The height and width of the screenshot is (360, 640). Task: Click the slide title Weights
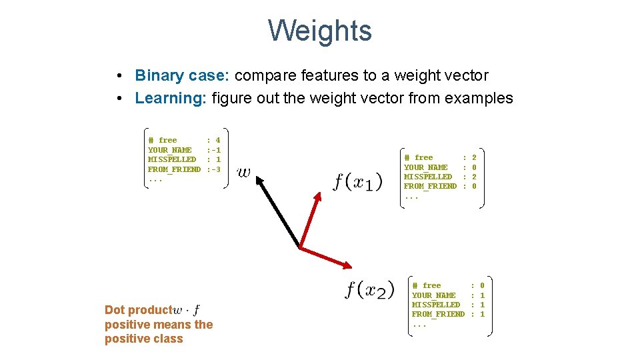click(x=320, y=31)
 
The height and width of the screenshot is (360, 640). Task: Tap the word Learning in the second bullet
click(x=171, y=99)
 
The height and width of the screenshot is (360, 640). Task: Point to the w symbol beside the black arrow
click(x=244, y=173)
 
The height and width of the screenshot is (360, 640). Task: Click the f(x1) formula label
click(x=359, y=181)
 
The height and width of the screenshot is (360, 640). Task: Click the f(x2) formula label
click(x=370, y=290)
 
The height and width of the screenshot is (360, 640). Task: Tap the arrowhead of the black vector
click(x=259, y=179)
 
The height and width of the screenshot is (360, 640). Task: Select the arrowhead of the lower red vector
click(x=349, y=265)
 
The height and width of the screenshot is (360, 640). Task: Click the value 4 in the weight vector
click(x=218, y=141)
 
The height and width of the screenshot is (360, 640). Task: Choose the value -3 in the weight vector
click(x=215, y=169)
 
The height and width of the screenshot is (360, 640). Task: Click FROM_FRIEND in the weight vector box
click(x=174, y=169)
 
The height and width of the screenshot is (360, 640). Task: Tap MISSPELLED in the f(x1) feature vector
click(x=428, y=177)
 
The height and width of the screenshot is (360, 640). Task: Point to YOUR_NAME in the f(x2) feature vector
click(x=434, y=295)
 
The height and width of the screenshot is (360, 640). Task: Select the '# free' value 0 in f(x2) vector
click(x=482, y=286)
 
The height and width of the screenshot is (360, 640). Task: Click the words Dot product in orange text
click(x=138, y=310)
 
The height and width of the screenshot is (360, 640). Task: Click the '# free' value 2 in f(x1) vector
click(x=474, y=158)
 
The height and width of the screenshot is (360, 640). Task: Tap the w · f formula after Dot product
click(x=187, y=310)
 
